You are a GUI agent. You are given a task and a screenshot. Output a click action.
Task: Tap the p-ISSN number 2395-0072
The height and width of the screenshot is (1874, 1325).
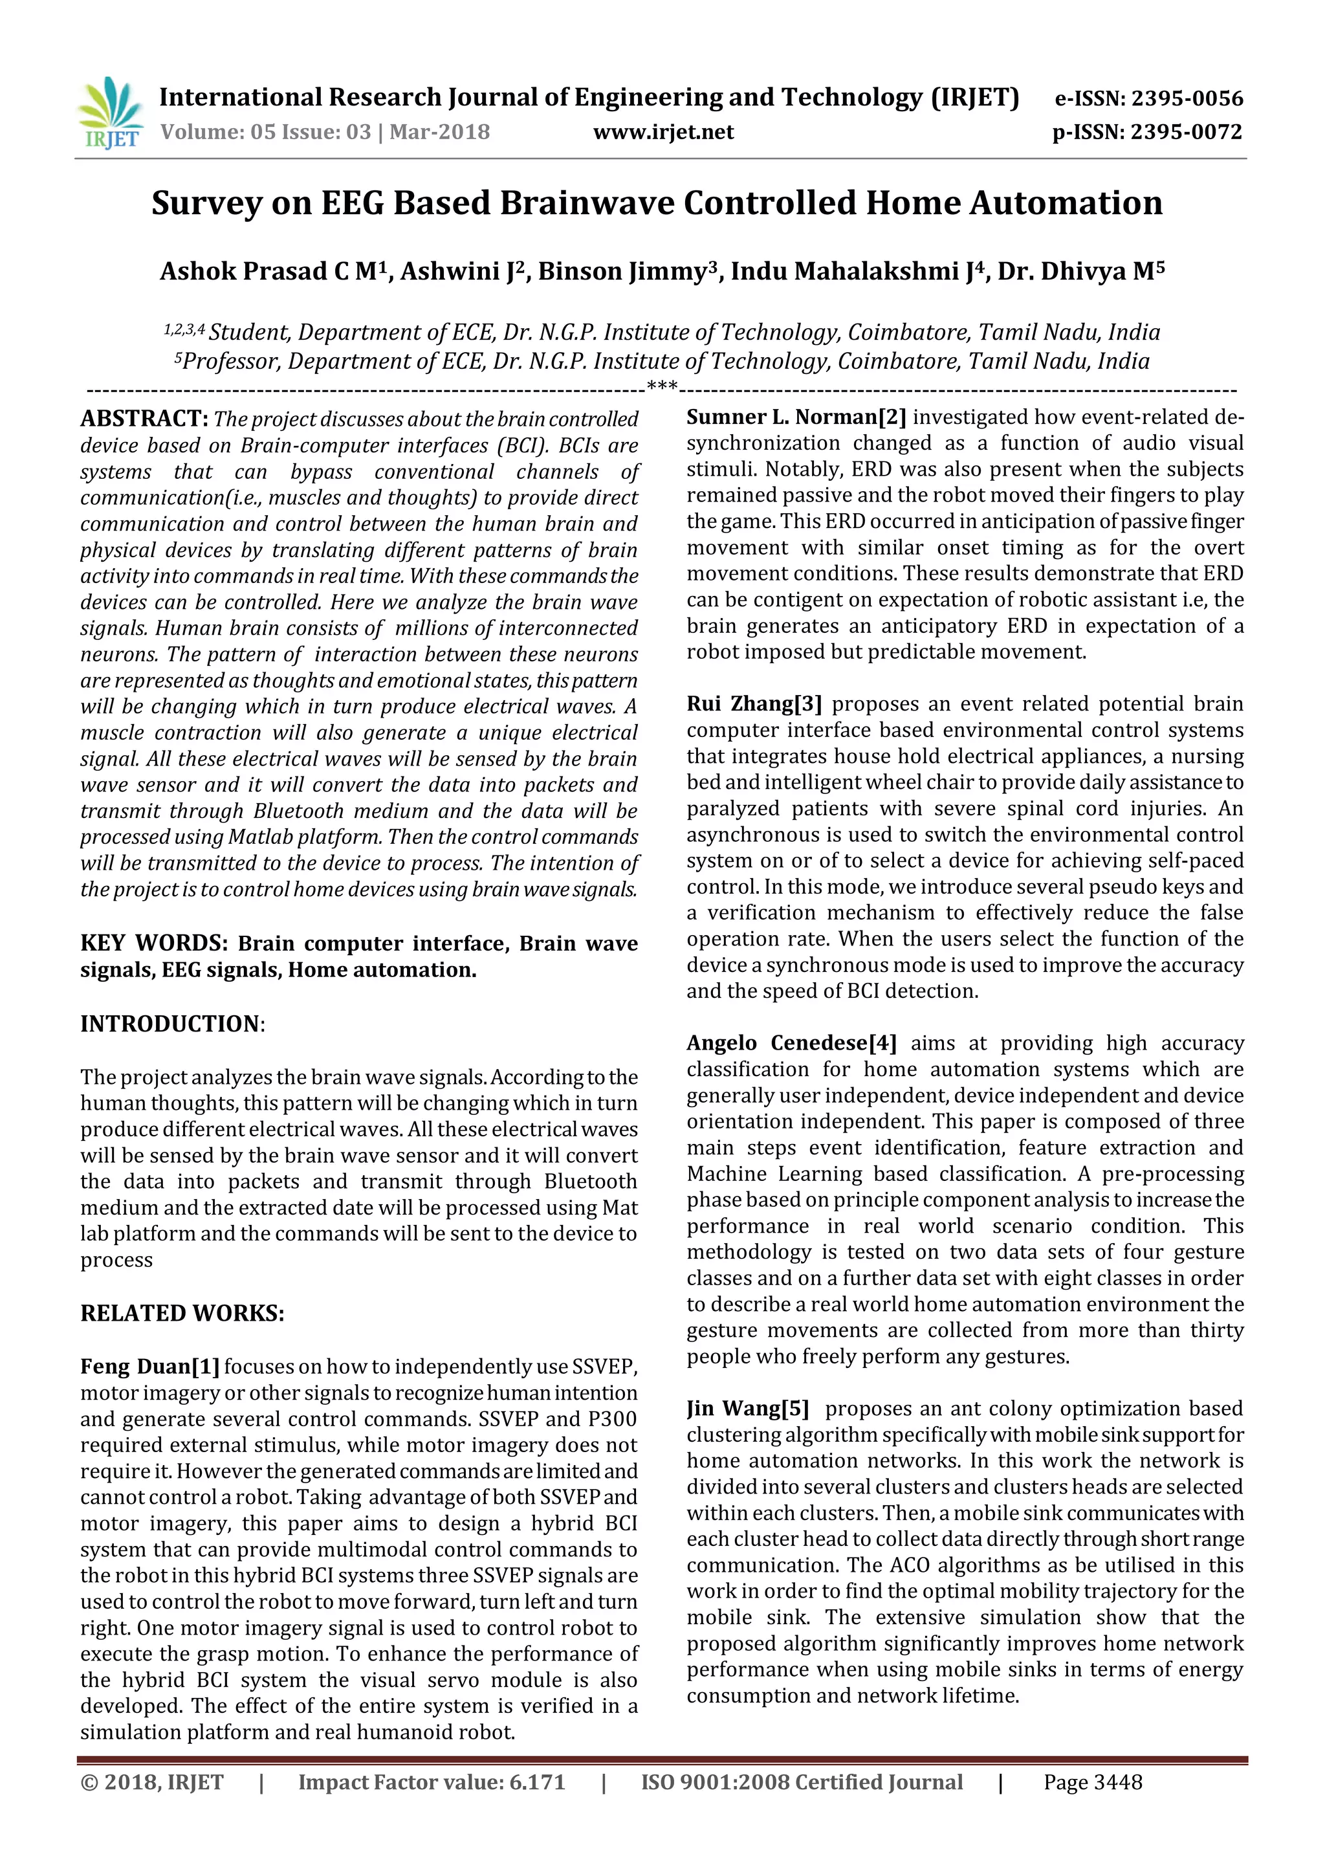click(x=1187, y=132)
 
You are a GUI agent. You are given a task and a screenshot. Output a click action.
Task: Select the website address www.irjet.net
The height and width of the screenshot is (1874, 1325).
click(x=663, y=132)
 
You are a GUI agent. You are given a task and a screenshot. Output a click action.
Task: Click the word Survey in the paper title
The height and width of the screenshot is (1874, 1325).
click(x=206, y=203)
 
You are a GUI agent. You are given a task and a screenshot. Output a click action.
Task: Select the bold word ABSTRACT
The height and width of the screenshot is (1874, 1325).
click(x=144, y=419)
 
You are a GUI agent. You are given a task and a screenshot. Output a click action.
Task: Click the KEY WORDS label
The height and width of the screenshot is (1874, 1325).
click(x=153, y=943)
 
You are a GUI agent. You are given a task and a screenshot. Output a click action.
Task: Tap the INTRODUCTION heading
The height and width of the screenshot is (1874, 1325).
click(x=170, y=1024)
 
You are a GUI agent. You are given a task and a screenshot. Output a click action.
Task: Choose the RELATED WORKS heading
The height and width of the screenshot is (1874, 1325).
click(x=182, y=1313)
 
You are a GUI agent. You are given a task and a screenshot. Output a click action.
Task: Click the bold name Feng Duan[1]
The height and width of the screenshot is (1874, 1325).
click(x=149, y=1366)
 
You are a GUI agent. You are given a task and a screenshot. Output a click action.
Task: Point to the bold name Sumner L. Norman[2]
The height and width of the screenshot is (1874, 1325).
click(x=796, y=417)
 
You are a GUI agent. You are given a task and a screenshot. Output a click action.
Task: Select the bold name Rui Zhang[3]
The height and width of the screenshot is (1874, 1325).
click(x=753, y=703)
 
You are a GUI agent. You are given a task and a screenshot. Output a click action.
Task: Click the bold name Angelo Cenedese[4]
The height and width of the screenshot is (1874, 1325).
click(x=791, y=1043)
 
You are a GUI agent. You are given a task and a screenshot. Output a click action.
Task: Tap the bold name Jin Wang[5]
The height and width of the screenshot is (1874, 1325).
click(x=747, y=1409)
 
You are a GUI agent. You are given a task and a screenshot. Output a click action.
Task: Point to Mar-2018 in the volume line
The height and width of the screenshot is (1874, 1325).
click(x=440, y=132)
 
